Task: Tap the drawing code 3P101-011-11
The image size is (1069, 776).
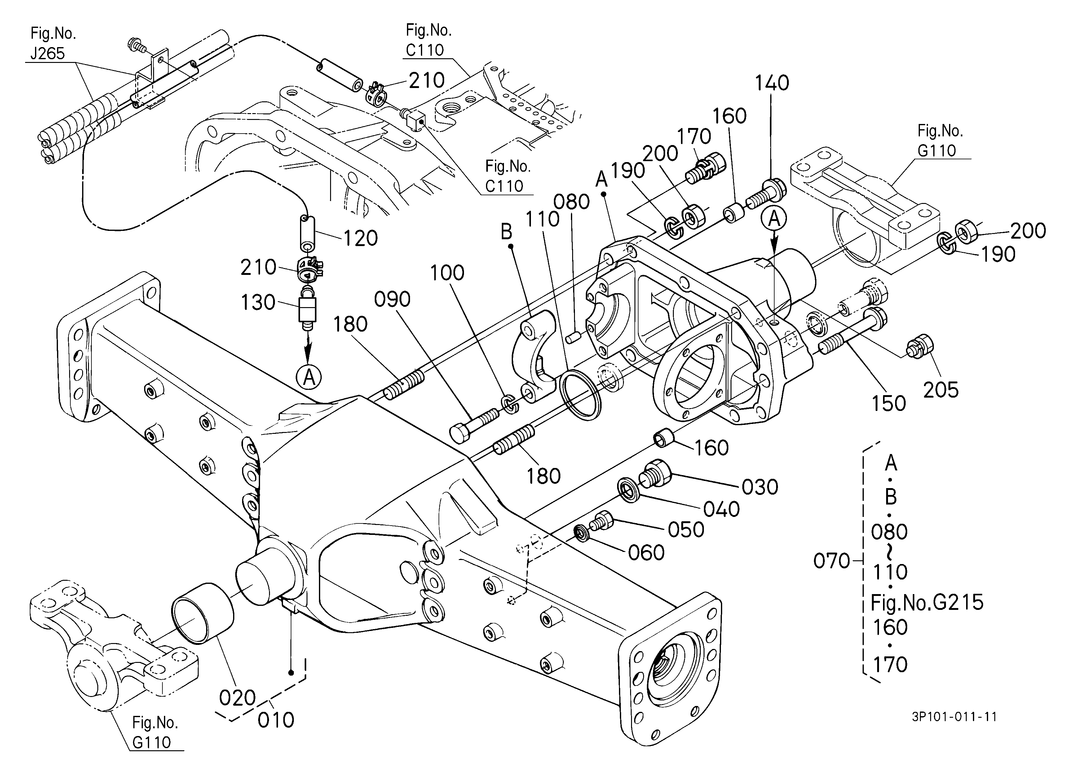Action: [x=954, y=716]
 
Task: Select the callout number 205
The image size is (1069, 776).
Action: [x=941, y=390]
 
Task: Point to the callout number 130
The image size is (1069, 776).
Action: [x=258, y=302]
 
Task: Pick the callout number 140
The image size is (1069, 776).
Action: [x=772, y=83]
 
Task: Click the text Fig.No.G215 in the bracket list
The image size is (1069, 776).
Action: [x=927, y=602]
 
